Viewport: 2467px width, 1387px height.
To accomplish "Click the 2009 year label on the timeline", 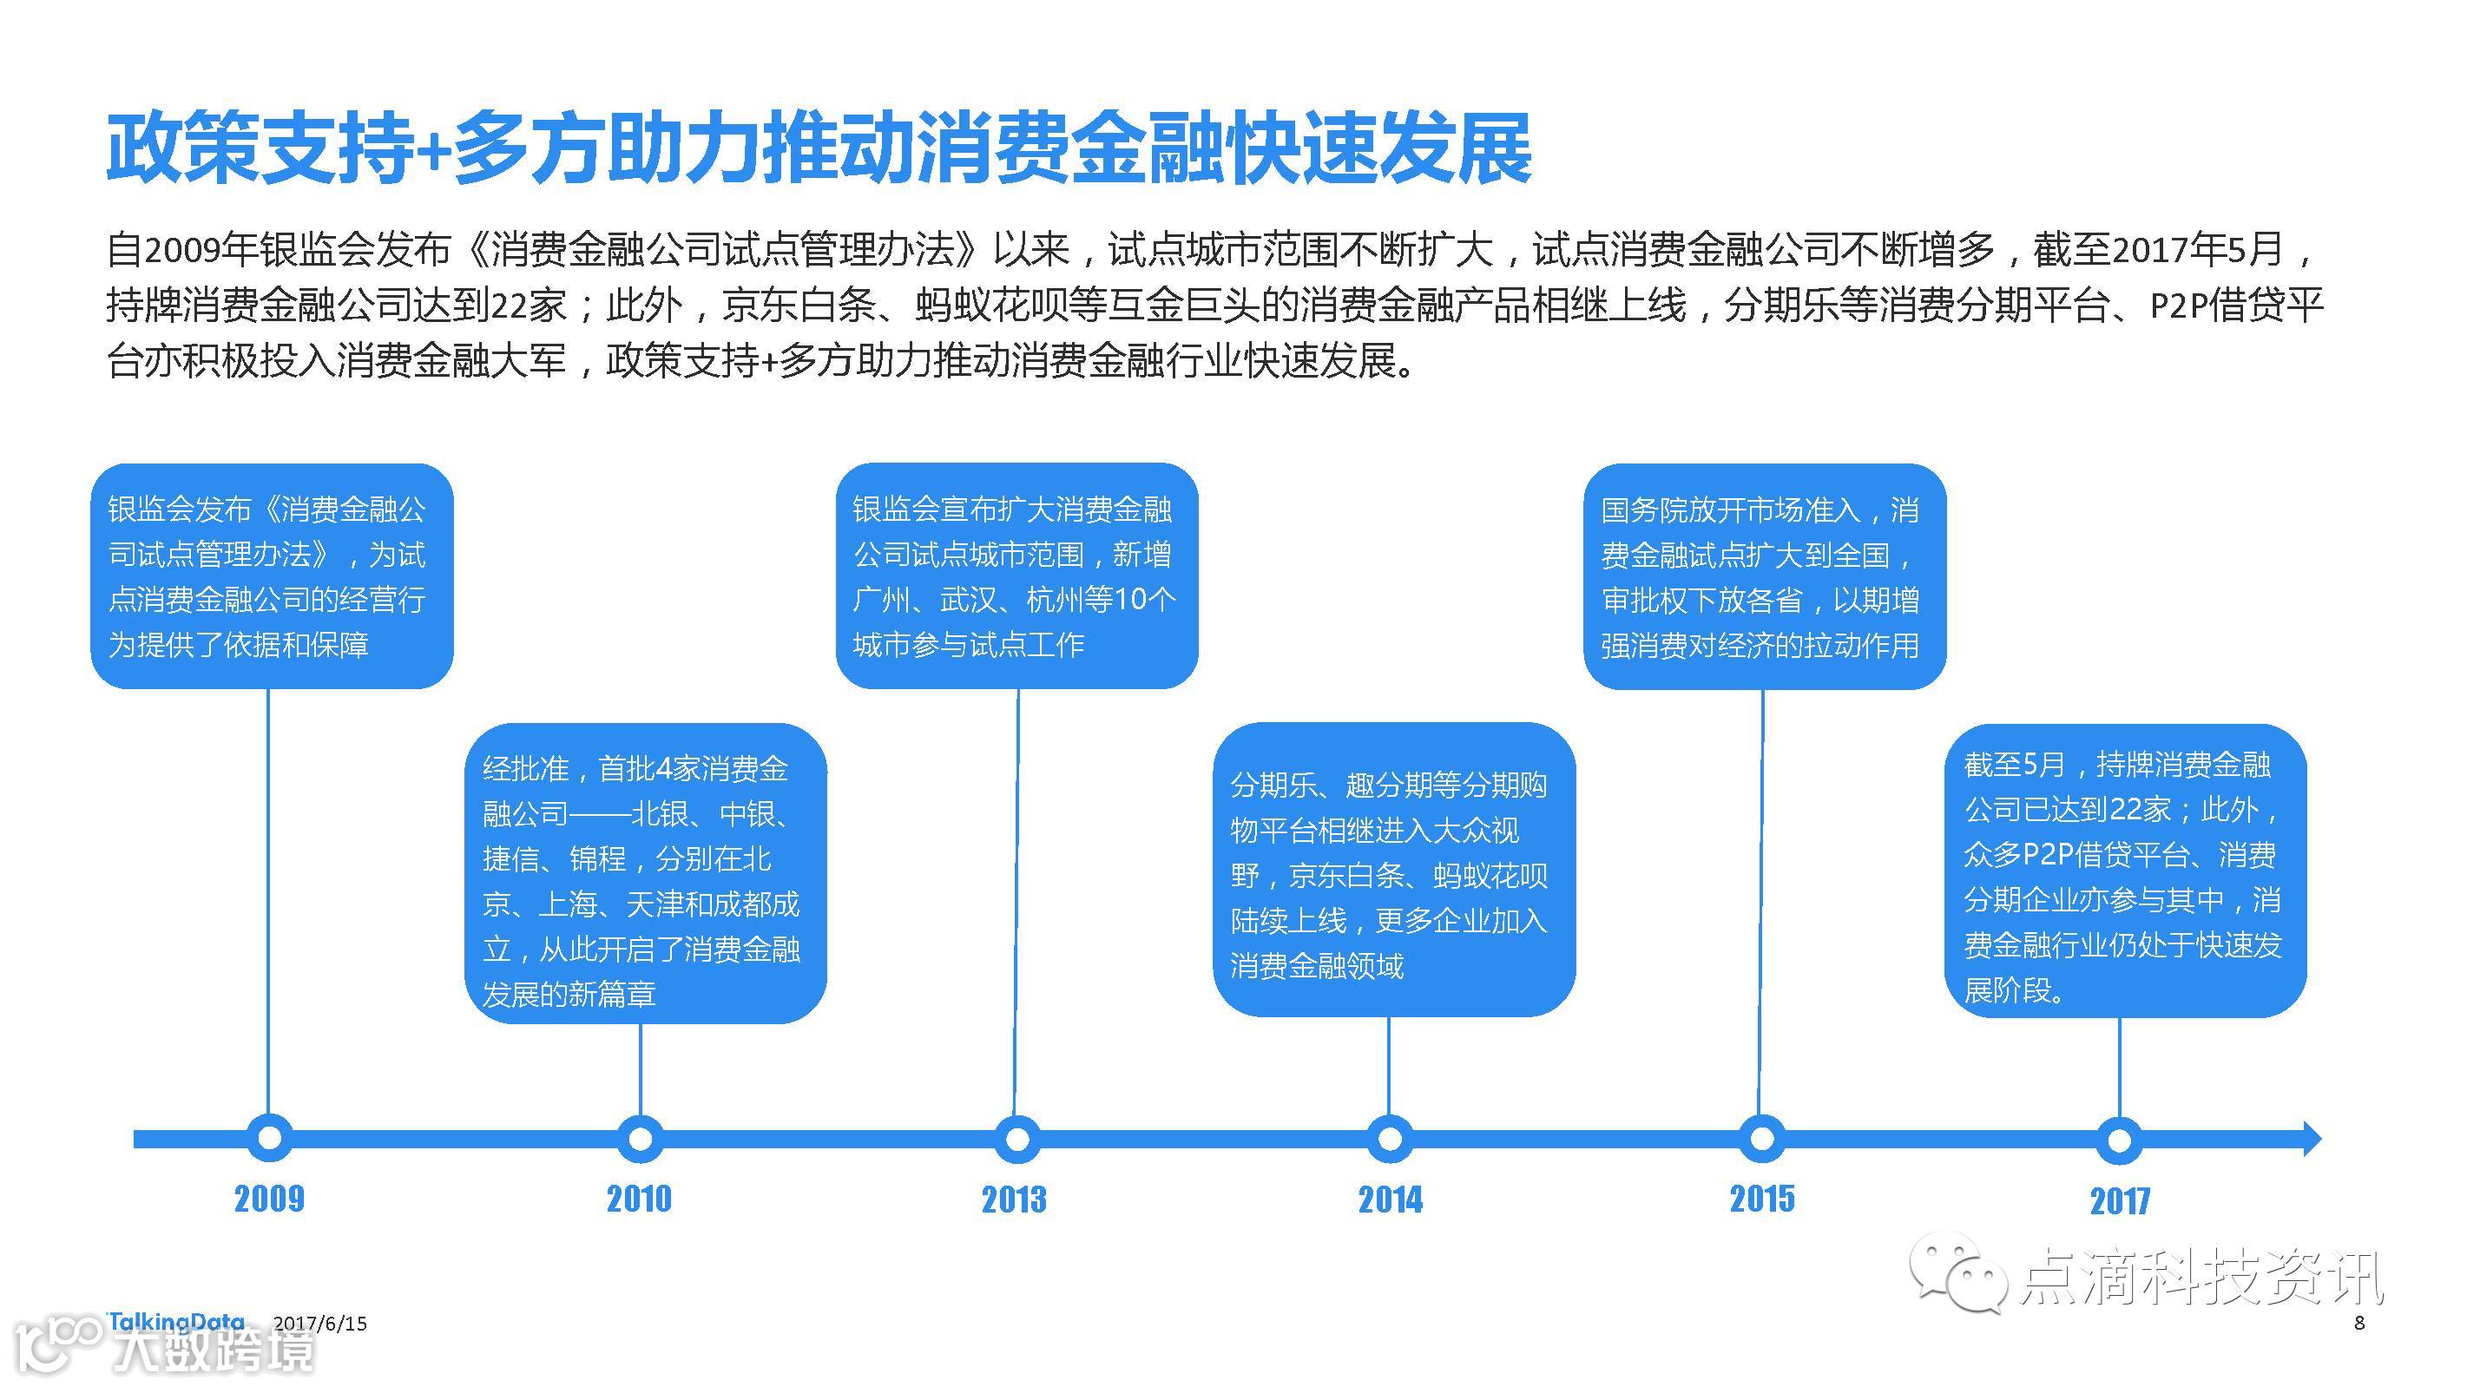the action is tap(269, 1199).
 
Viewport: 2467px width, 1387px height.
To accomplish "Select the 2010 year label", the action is tap(639, 1199).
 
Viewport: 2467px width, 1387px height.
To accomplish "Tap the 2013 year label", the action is tap(1014, 1200).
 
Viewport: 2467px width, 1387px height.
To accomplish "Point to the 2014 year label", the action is tap(1391, 1200).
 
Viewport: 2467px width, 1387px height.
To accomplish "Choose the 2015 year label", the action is tap(1762, 1199).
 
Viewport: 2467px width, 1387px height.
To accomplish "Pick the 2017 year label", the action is tap(2120, 1200).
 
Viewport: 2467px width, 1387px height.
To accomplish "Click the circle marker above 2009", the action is tap(269, 1138).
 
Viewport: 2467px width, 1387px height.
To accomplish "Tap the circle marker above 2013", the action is tap(1017, 1139).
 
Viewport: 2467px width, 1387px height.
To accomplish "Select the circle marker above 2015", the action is tap(1762, 1139).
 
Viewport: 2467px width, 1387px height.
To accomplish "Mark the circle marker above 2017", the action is tap(2120, 1140).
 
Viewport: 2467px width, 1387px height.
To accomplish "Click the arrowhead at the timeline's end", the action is tap(2311, 1139).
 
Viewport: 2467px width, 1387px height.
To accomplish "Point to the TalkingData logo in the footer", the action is tap(176, 1322).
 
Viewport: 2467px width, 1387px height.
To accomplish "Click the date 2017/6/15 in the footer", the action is tap(319, 1324).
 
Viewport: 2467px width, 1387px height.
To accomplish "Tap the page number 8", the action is tap(2358, 1323).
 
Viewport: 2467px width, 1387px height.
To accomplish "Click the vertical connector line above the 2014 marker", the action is tap(1389, 1063).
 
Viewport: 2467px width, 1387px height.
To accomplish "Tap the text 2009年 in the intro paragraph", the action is tap(201, 250).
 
